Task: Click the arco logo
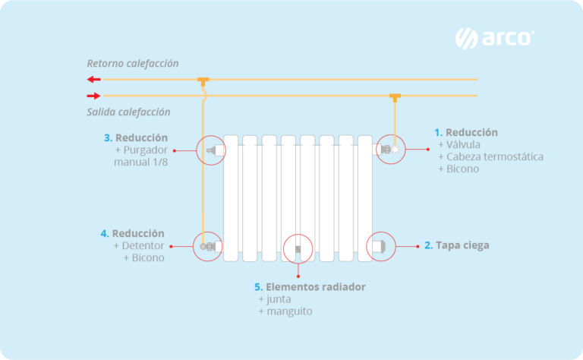494,38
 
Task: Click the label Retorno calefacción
133,63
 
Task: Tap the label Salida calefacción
128,112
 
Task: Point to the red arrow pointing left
93,79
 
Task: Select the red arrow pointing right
93,96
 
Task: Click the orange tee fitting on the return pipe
203,80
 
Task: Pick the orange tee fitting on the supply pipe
395,96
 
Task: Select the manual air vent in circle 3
213,150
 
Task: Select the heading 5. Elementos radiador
310,287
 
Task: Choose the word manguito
288,311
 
